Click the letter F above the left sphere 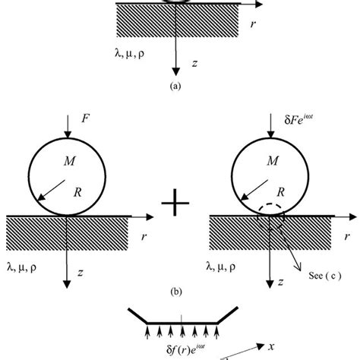[86, 119]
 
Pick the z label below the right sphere [280, 282]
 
